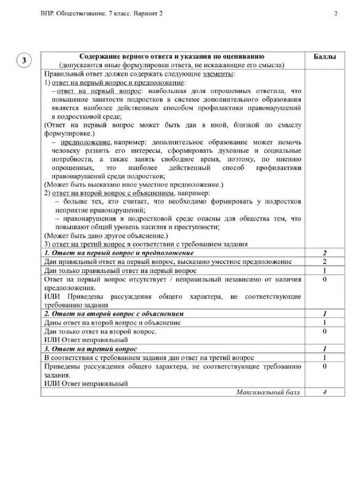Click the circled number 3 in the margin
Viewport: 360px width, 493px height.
[23, 60]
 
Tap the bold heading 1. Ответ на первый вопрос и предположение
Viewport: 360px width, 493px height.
[119, 253]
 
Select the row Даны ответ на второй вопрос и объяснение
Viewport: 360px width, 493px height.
[112, 322]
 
